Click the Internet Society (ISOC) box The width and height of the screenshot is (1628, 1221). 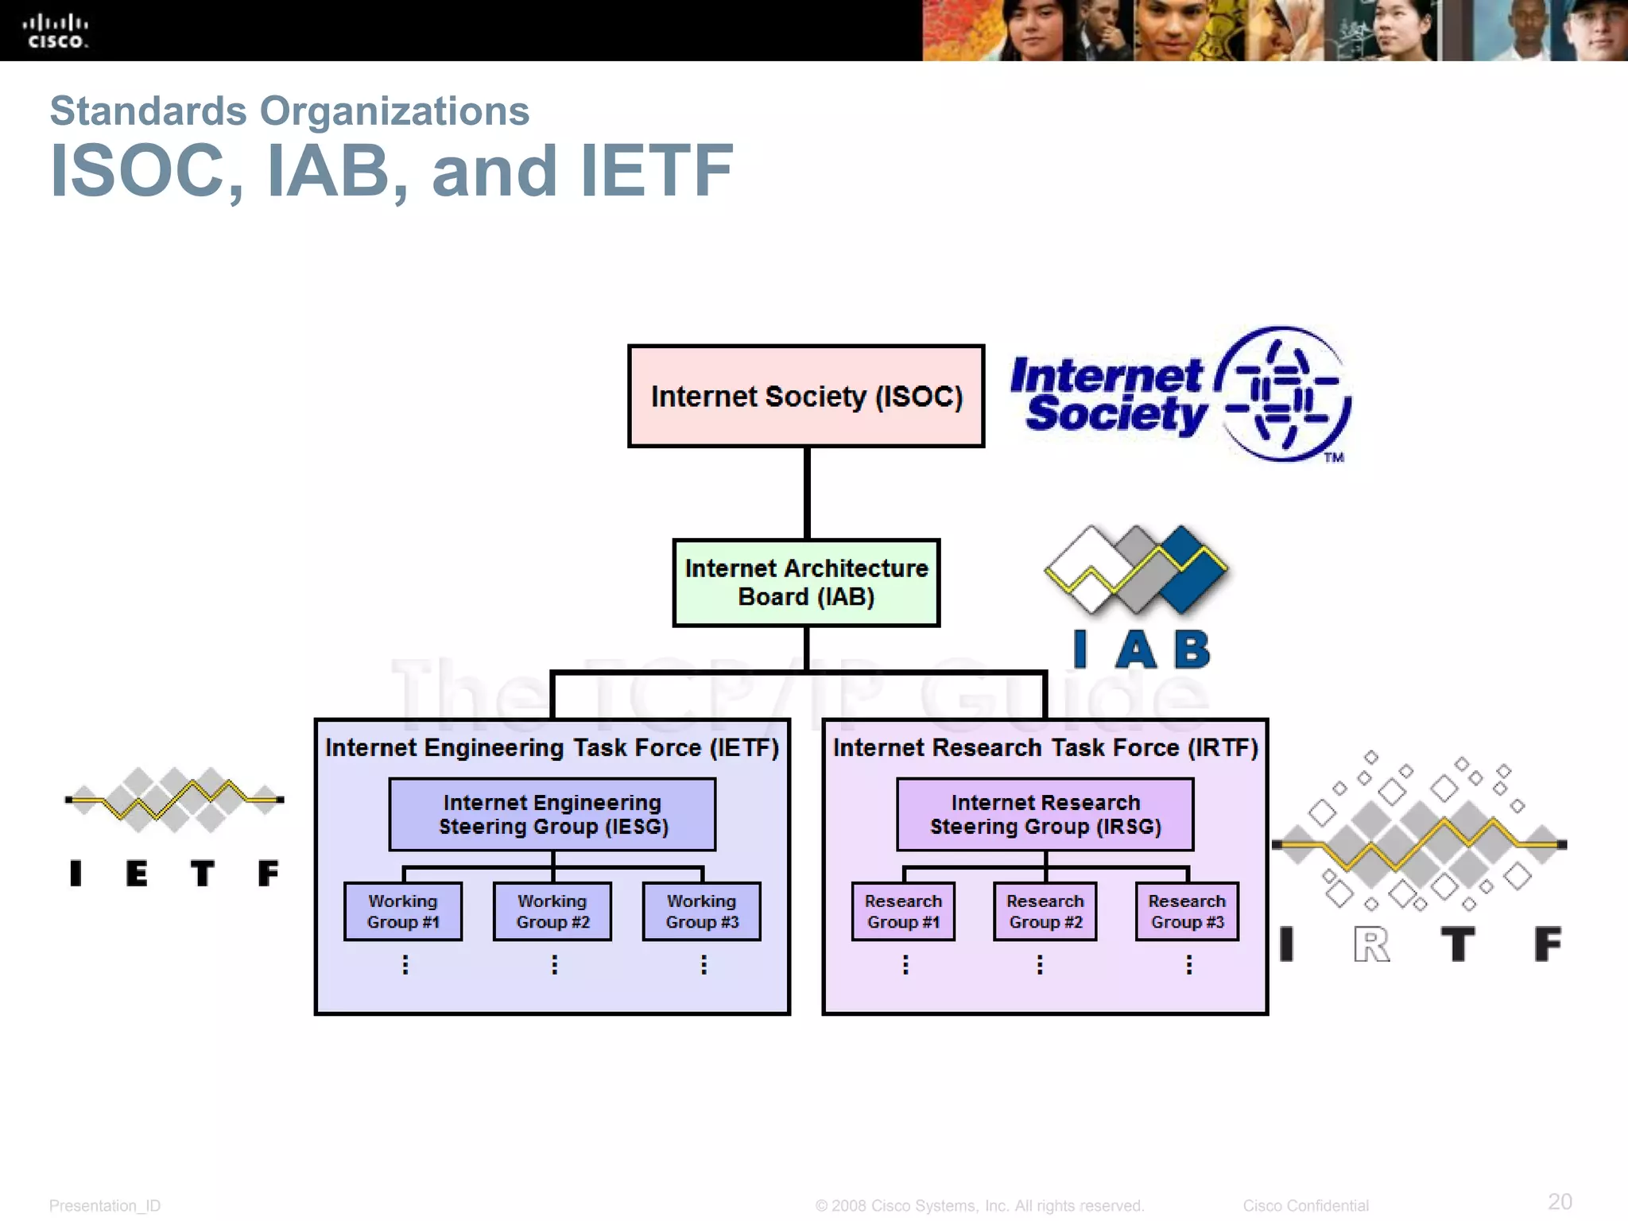(806, 396)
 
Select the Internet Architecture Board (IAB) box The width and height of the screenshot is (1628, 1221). (806, 583)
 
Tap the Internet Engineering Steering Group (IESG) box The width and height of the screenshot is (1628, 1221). (552, 814)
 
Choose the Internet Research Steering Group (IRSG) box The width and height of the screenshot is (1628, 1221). (1045, 814)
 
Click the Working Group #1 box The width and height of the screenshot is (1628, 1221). (403, 912)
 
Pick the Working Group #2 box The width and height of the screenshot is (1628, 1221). (552, 912)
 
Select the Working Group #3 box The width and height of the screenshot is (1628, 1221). (702, 912)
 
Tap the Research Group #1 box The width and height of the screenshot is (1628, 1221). (903, 912)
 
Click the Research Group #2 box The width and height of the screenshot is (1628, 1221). (1045, 912)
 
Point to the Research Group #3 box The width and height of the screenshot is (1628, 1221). (1187, 912)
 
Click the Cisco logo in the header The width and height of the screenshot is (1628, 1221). (56, 31)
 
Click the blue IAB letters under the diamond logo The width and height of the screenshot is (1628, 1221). (1142, 649)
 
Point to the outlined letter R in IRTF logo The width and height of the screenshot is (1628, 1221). (1372, 944)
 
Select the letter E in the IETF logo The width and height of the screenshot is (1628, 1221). (137, 874)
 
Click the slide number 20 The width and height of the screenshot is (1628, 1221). (1560, 1201)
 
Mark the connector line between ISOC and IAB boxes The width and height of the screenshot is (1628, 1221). (807, 493)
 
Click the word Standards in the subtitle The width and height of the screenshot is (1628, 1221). (148, 111)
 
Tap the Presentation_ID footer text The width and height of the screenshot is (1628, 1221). (105, 1206)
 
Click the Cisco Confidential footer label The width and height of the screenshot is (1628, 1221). (1305, 1206)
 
